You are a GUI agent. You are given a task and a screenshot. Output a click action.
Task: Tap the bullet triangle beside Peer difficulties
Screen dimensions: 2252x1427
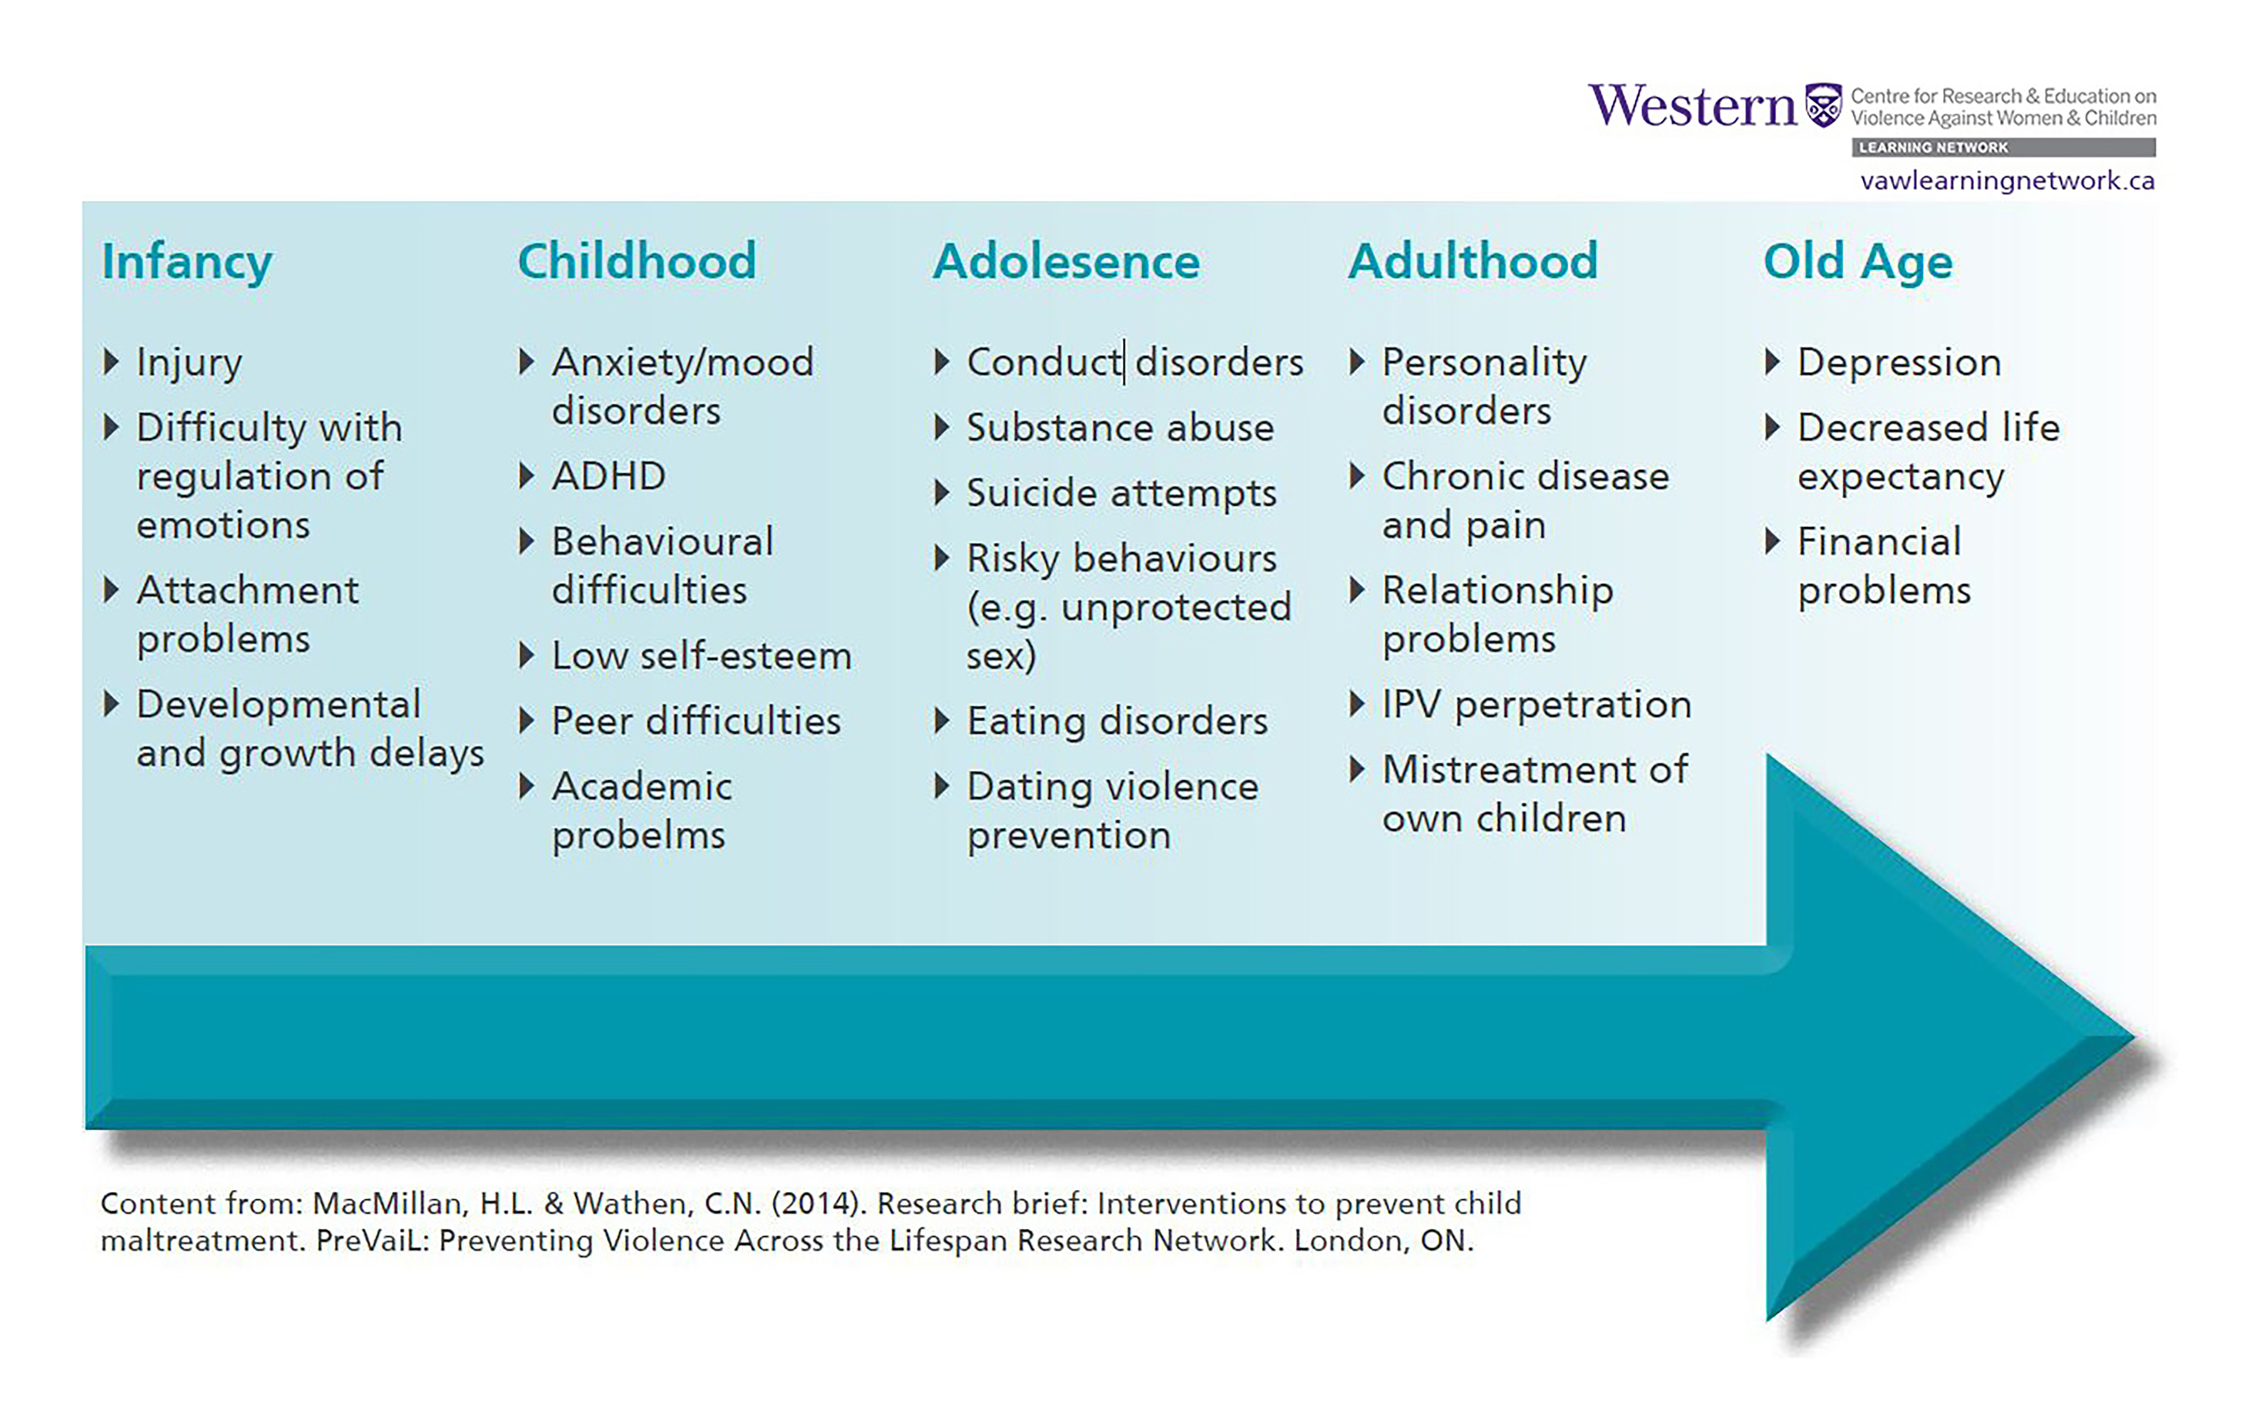pos(527,721)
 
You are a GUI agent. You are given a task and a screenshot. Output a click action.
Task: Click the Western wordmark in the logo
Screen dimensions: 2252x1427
pos(1693,106)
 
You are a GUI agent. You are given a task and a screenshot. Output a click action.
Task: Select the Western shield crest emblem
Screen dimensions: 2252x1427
pos(1824,105)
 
